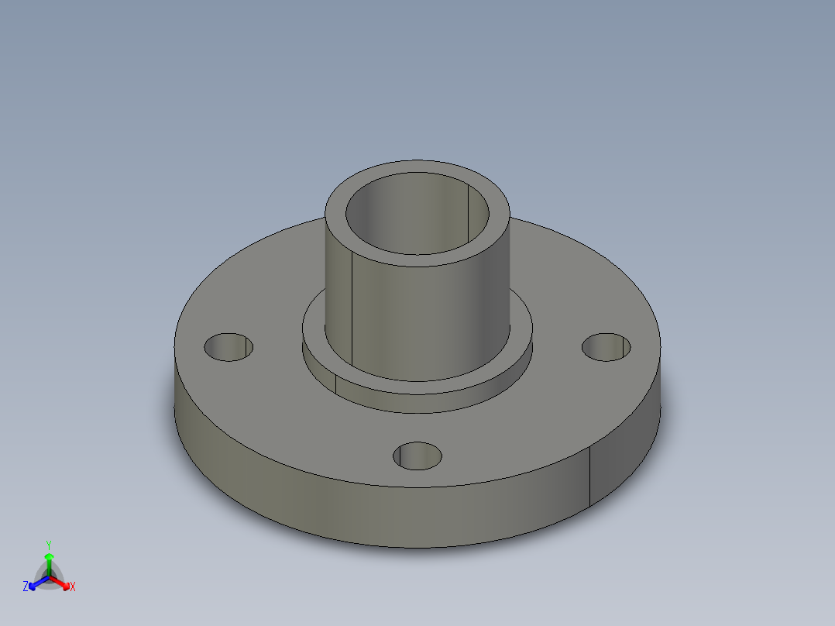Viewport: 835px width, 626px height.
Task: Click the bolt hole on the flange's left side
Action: click(x=229, y=347)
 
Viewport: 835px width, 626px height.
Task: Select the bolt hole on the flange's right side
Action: click(x=606, y=347)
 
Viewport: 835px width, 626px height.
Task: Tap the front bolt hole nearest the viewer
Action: click(x=417, y=456)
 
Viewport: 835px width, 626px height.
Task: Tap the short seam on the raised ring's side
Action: click(x=335, y=381)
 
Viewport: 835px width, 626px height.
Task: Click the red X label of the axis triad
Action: click(x=73, y=587)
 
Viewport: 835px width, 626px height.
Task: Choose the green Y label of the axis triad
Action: click(x=48, y=545)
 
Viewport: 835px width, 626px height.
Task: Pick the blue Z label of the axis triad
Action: click(x=26, y=587)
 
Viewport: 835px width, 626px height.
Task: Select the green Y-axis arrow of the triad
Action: click(x=49, y=562)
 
